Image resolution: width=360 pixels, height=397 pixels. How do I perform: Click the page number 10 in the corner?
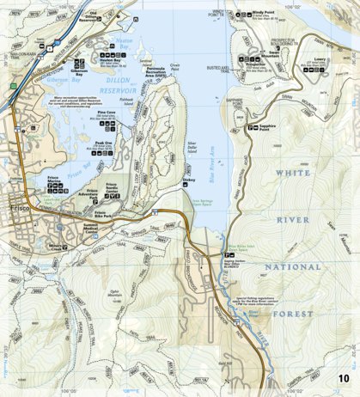click(343, 378)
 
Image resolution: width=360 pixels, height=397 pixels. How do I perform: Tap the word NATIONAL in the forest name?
click(301, 268)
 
